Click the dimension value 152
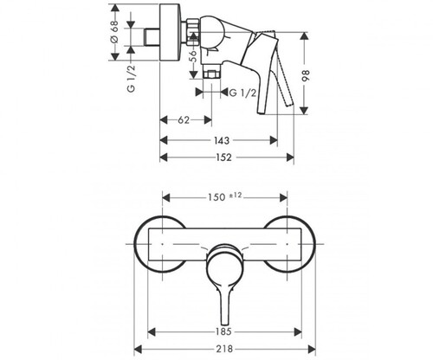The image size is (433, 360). click(x=223, y=157)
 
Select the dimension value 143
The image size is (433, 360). click(x=222, y=140)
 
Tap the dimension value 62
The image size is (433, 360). click(x=184, y=120)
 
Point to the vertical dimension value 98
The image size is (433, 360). click(x=307, y=76)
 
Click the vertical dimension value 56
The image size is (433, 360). click(x=193, y=56)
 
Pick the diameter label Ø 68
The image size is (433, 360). click(x=114, y=31)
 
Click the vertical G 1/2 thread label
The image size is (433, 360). click(x=131, y=79)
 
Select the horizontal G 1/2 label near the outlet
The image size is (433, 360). click(x=242, y=93)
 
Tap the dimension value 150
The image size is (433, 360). click(x=216, y=197)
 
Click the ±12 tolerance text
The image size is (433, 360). click(x=236, y=196)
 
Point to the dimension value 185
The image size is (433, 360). click(x=223, y=331)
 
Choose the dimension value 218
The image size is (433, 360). click(x=224, y=350)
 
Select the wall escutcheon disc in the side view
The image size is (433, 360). click(x=171, y=32)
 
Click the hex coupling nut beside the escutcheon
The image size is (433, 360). click(x=191, y=32)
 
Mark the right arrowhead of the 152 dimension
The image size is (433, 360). click(x=290, y=157)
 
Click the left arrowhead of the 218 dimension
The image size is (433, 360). click(x=139, y=350)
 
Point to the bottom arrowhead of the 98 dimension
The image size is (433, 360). click(x=304, y=111)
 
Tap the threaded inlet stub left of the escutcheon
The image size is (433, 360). click(x=152, y=37)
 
